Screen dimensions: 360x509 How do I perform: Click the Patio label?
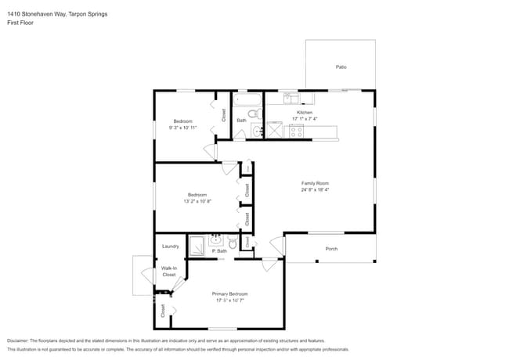coord(341,67)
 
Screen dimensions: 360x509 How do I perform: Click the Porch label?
coord(331,250)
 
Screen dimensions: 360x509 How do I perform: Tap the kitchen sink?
coord(289,99)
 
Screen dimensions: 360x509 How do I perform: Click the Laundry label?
coord(170,247)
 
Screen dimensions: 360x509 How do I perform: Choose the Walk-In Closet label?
coord(169,272)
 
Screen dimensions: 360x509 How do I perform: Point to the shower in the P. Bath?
coord(197,245)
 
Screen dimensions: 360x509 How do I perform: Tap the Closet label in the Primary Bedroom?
coord(163,311)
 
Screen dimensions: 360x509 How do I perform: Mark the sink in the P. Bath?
coord(215,241)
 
